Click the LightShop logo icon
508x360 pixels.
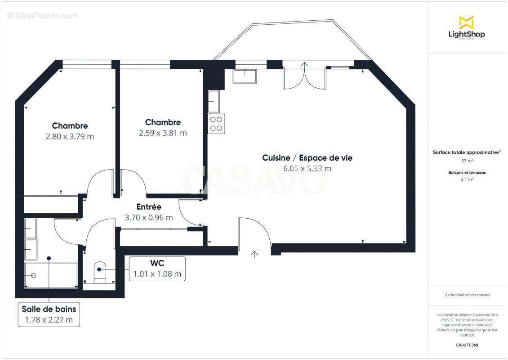pos(466,22)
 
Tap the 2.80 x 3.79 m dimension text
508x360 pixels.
pos(70,136)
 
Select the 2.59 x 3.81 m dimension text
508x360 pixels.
pos(163,133)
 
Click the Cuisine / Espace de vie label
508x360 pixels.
pos(307,158)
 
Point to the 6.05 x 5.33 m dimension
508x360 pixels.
pos(307,169)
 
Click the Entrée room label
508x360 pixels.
pos(149,207)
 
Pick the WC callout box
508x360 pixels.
pos(157,269)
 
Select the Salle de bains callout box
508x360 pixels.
pos(49,315)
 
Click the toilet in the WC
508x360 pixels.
pos(99,272)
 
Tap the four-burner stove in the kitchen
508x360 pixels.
pos(216,123)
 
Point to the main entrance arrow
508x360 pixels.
pos(255,254)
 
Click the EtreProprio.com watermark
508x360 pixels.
pos(43,16)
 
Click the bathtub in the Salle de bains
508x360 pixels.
pos(50,275)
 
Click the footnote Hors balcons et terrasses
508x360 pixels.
pos(467,295)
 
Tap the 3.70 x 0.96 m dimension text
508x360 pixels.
pos(149,218)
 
